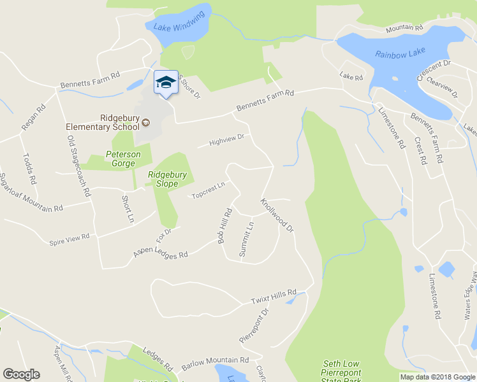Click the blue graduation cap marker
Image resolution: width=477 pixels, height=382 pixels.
coord(166,83)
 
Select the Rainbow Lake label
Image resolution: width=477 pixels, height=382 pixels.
coord(400,54)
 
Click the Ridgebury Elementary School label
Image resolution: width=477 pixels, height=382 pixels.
coord(101,122)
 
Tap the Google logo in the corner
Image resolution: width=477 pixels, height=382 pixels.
coord(21,374)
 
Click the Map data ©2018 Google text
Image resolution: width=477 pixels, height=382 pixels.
coord(437,377)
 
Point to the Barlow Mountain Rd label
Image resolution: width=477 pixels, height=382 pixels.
coord(214,363)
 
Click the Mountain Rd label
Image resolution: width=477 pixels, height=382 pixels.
coord(404,29)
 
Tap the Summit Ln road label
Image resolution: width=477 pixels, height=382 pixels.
coord(246,239)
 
